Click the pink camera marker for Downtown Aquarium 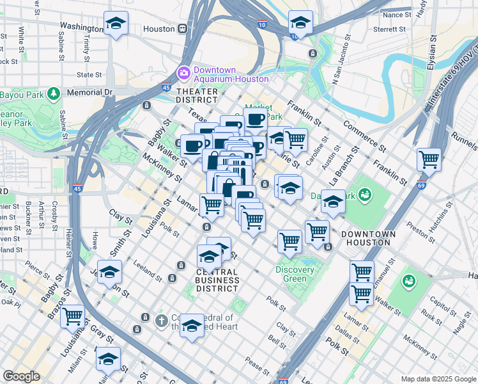point(184,72)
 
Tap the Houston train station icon point(183,29)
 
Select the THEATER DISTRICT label point(197,95)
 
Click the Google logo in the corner point(21,376)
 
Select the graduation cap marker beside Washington point(116,24)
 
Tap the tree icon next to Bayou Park point(54,93)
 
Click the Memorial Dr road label point(89,92)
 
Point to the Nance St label point(397,15)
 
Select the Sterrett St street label point(390,29)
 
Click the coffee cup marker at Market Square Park point(255,119)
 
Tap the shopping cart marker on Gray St point(73,316)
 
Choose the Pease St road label point(258,367)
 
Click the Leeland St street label point(148,268)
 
